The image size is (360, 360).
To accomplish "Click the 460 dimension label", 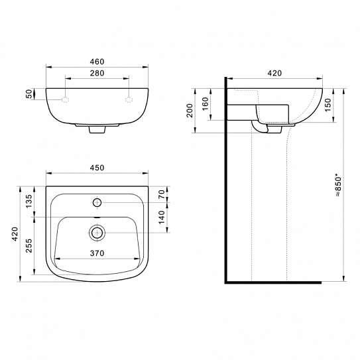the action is (97, 62).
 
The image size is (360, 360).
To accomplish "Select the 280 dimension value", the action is (97, 73).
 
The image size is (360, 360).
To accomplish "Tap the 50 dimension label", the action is (29, 94).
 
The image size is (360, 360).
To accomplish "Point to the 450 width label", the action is (97, 168).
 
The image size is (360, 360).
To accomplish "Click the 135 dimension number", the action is (29, 201).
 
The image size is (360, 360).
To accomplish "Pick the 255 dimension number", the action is (29, 246).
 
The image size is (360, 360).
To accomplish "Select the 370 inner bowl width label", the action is (97, 253).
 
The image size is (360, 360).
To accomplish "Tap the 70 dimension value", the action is (162, 194).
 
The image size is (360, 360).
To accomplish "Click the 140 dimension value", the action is (162, 217).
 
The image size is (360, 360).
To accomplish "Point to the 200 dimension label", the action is (190, 111).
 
